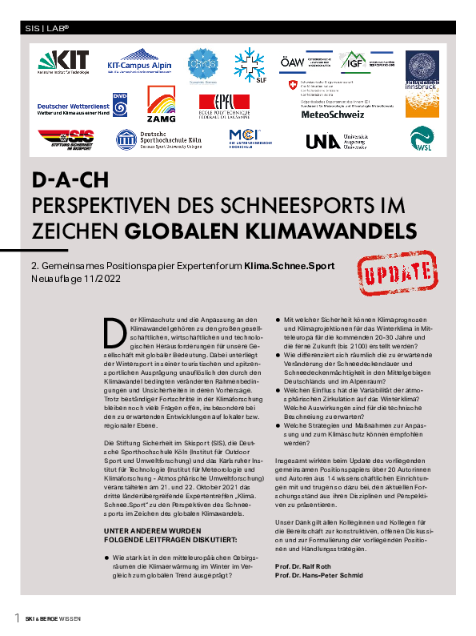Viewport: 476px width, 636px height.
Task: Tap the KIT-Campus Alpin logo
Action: (x=127, y=62)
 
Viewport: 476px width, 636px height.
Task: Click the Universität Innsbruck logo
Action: (x=422, y=69)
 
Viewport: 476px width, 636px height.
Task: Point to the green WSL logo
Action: (x=422, y=141)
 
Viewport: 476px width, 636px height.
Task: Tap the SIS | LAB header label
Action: (x=48, y=27)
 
